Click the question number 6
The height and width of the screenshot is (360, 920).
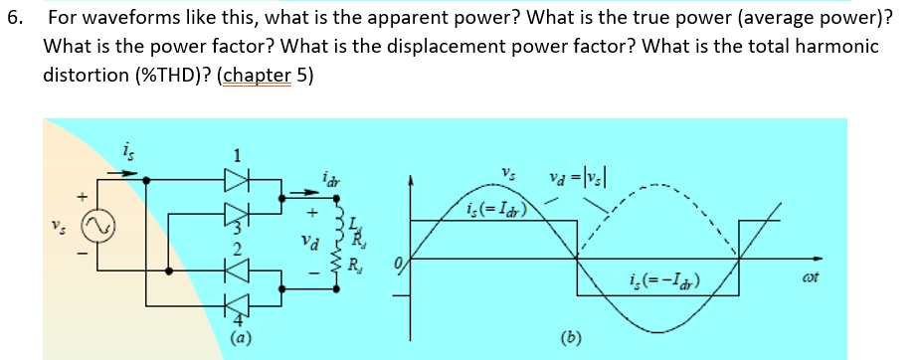14,18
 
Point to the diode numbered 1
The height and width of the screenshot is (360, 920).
236,181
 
